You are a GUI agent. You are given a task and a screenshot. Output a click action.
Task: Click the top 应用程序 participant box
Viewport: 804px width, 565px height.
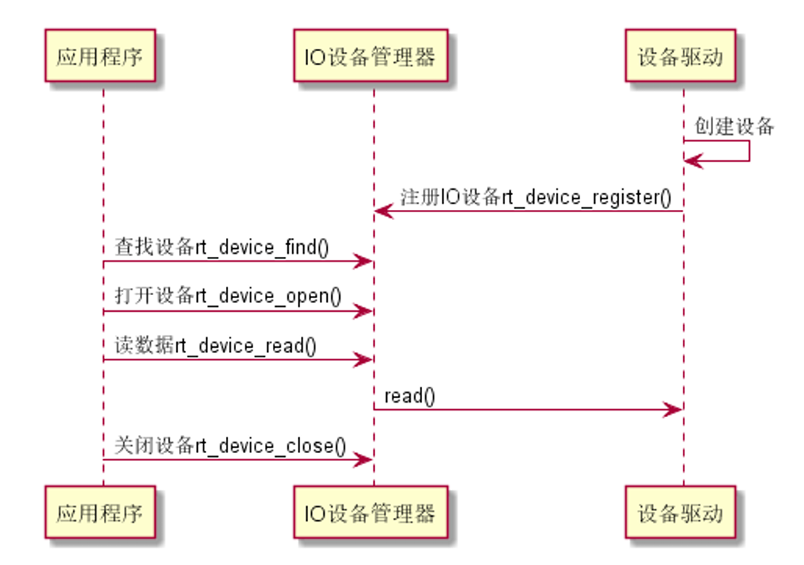(x=100, y=56)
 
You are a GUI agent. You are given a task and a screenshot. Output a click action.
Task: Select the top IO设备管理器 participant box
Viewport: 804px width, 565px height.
(x=370, y=56)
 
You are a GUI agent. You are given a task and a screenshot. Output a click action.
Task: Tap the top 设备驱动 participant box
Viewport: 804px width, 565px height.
(x=680, y=56)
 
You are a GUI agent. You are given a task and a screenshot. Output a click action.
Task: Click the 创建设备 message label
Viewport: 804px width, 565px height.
(x=734, y=127)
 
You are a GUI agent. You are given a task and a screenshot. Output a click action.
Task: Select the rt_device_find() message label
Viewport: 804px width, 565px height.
(x=222, y=248)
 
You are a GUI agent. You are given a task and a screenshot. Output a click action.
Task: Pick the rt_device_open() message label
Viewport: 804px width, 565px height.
(x=227, y=297)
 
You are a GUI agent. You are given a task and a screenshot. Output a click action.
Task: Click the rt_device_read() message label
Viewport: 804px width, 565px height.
(x=215, y=346)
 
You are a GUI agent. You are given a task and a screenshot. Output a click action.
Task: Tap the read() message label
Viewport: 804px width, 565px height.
(x=409, y=395)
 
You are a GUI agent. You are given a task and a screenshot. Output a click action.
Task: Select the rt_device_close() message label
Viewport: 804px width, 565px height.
(x=230, y=445)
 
